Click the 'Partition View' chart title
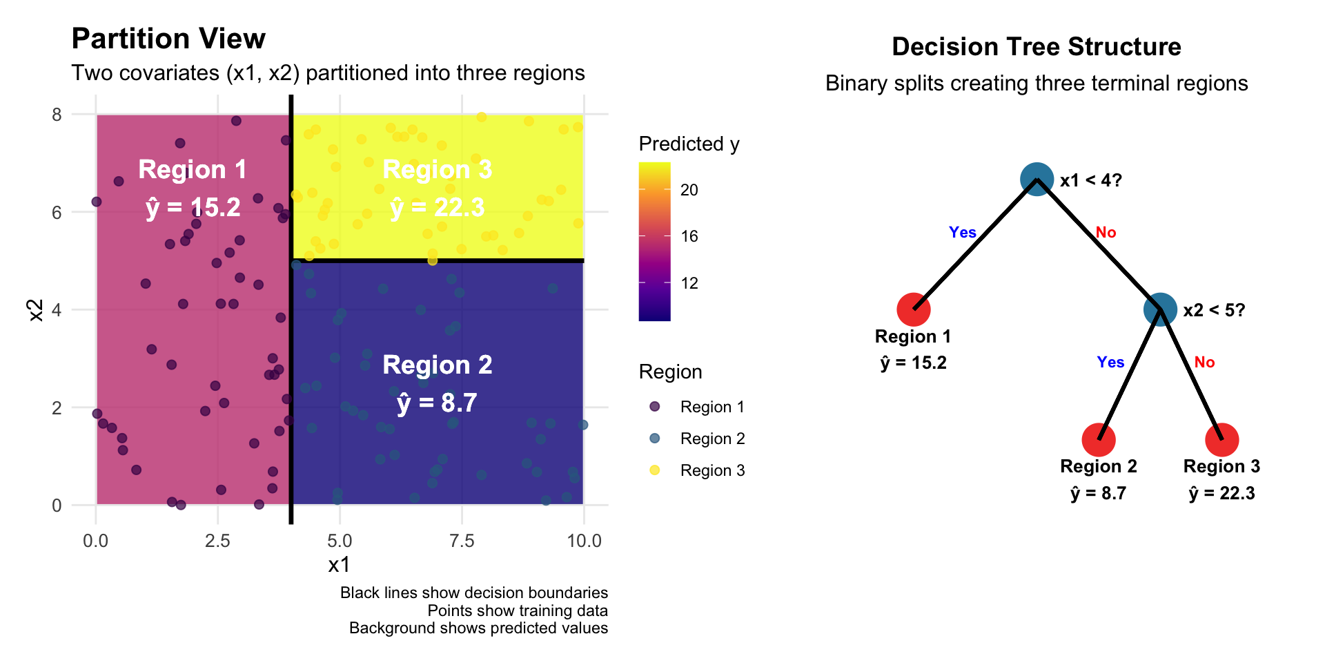168,39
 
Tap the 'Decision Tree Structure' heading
1036,47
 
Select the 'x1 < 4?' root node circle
1037,180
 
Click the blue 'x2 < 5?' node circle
1160,309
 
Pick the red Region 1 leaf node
913,309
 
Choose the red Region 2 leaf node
1098,439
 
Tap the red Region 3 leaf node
1221,439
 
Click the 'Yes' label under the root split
962,233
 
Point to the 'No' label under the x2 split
1204,363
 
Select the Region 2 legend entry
712,439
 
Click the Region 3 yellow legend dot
655,470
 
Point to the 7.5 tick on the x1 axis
462,541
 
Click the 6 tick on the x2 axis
57,213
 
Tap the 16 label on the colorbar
689,236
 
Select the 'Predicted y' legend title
689,144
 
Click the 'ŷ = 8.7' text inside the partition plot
437,403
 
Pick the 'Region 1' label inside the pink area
192,170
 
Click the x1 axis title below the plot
339,565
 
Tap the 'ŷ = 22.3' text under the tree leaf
1221,494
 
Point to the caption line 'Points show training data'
518,611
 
